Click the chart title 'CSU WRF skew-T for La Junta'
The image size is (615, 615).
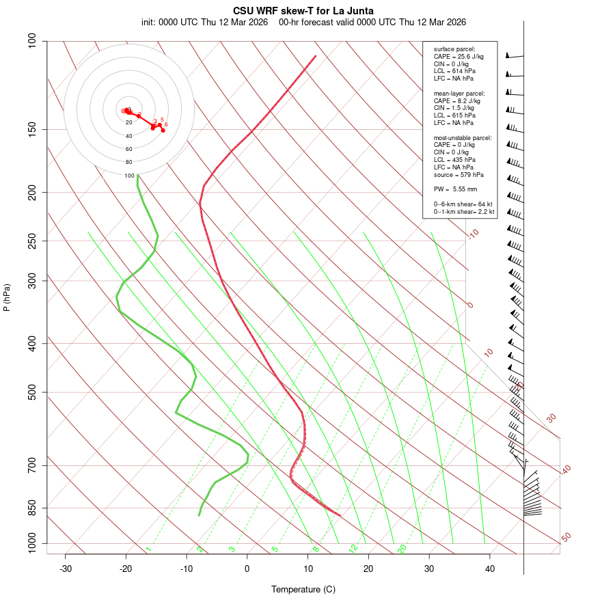click(x=303, y=11)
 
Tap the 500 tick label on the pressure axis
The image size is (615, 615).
click(x=32, y=392)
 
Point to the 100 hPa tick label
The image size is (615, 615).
click(x=32, y=41)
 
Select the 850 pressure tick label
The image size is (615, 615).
click(x=32, y=508)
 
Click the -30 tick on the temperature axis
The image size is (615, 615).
click(x=66, y=569)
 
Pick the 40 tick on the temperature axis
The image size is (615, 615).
click(x=490, y=569)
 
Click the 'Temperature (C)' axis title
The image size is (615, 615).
click(x=303, y=589)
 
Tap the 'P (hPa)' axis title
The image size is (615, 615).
click(x=7, y=297)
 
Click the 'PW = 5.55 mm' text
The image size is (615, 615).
click(x=455, y=189)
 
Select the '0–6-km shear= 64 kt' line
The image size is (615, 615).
click(x=463, y=204)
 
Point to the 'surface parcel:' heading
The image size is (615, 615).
click(x=454, y=49)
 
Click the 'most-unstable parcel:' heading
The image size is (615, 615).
click(x=462, y=138)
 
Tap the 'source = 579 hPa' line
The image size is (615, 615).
click(x=459, y=176)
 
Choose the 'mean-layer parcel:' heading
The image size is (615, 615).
click(x=459, y=93)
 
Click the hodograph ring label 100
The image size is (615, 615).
click(x=129, y=176)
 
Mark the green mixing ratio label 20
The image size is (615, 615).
click(x=402, y=548)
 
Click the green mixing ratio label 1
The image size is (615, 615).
click(x=148, y=549)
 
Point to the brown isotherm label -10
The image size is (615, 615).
click(x=472, y=234)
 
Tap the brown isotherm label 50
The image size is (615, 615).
click(x=566, y=538)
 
